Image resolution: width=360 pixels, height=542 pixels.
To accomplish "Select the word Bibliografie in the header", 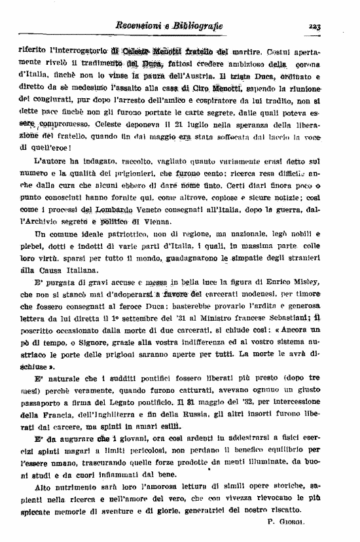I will coord(200,26).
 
